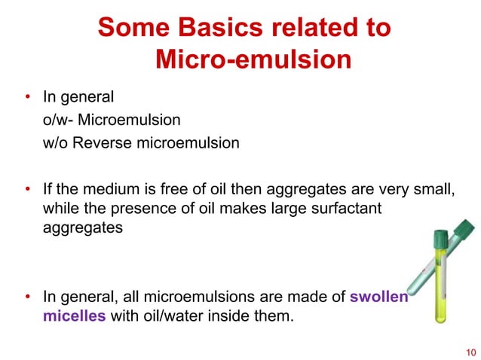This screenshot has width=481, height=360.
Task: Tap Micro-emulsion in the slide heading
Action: [x=253, y=59]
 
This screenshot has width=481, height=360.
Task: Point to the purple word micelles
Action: [x=74, y=316]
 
